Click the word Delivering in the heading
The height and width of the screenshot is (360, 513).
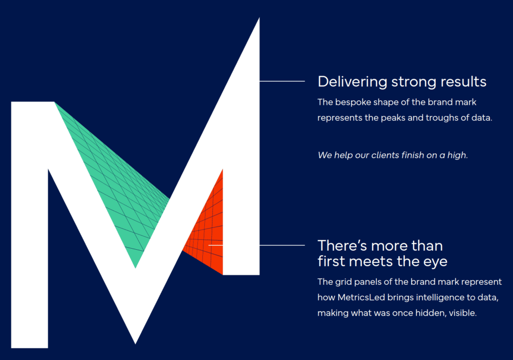(x=352, y=82)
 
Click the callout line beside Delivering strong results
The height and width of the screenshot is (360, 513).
(x=282, y=81)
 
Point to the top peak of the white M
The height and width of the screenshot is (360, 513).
(x=259, y=19)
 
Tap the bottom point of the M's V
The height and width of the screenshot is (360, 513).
(x=135, y=343)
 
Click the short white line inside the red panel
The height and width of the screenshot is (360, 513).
(x=215, y=245)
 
